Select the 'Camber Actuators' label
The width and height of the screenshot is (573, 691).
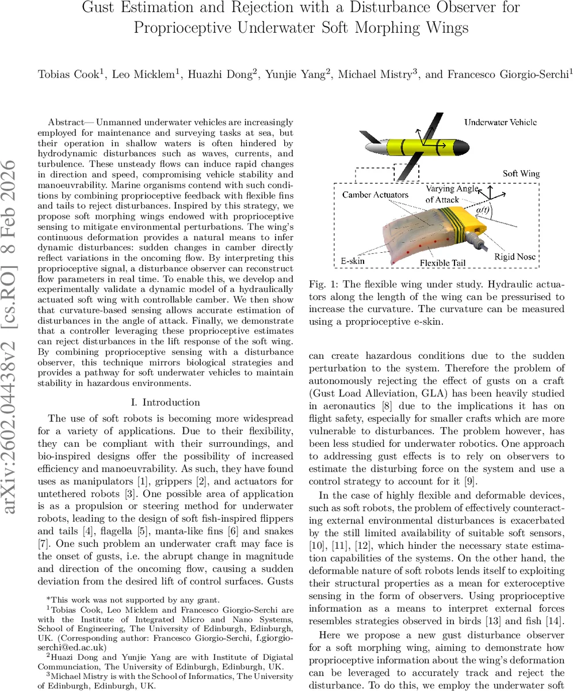click(x=375, y=195)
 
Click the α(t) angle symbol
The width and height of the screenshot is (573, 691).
click(x=482, y=212)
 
